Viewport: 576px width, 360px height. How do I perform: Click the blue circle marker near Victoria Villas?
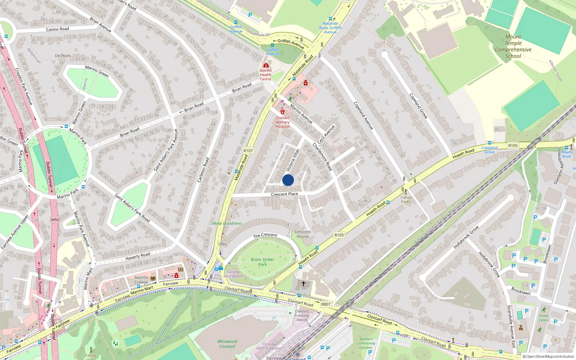288,180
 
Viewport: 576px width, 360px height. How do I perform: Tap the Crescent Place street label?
284,194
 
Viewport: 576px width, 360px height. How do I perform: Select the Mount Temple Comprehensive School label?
513,46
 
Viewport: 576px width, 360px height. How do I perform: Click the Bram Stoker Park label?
262,262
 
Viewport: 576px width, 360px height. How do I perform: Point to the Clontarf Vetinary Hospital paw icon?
283,112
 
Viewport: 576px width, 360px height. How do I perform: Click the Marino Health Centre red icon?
266,65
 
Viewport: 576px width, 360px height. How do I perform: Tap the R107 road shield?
248,151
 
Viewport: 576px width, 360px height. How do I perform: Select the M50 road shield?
55,220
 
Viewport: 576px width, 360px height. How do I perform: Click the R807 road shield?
326,304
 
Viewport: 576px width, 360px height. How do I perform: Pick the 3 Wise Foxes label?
406,199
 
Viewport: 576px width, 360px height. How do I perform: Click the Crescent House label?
302,234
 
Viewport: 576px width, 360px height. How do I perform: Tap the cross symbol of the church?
303,284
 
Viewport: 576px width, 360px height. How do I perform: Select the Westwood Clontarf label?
227,344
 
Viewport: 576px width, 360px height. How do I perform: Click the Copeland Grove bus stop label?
489,150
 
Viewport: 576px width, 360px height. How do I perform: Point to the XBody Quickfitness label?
227,223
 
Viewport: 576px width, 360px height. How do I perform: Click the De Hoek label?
63,55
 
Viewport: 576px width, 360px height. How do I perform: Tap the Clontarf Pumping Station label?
302,315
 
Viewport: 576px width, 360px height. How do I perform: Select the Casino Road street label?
58,29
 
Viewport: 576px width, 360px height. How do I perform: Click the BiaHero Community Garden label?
366,343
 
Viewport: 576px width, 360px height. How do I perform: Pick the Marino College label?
141,280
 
